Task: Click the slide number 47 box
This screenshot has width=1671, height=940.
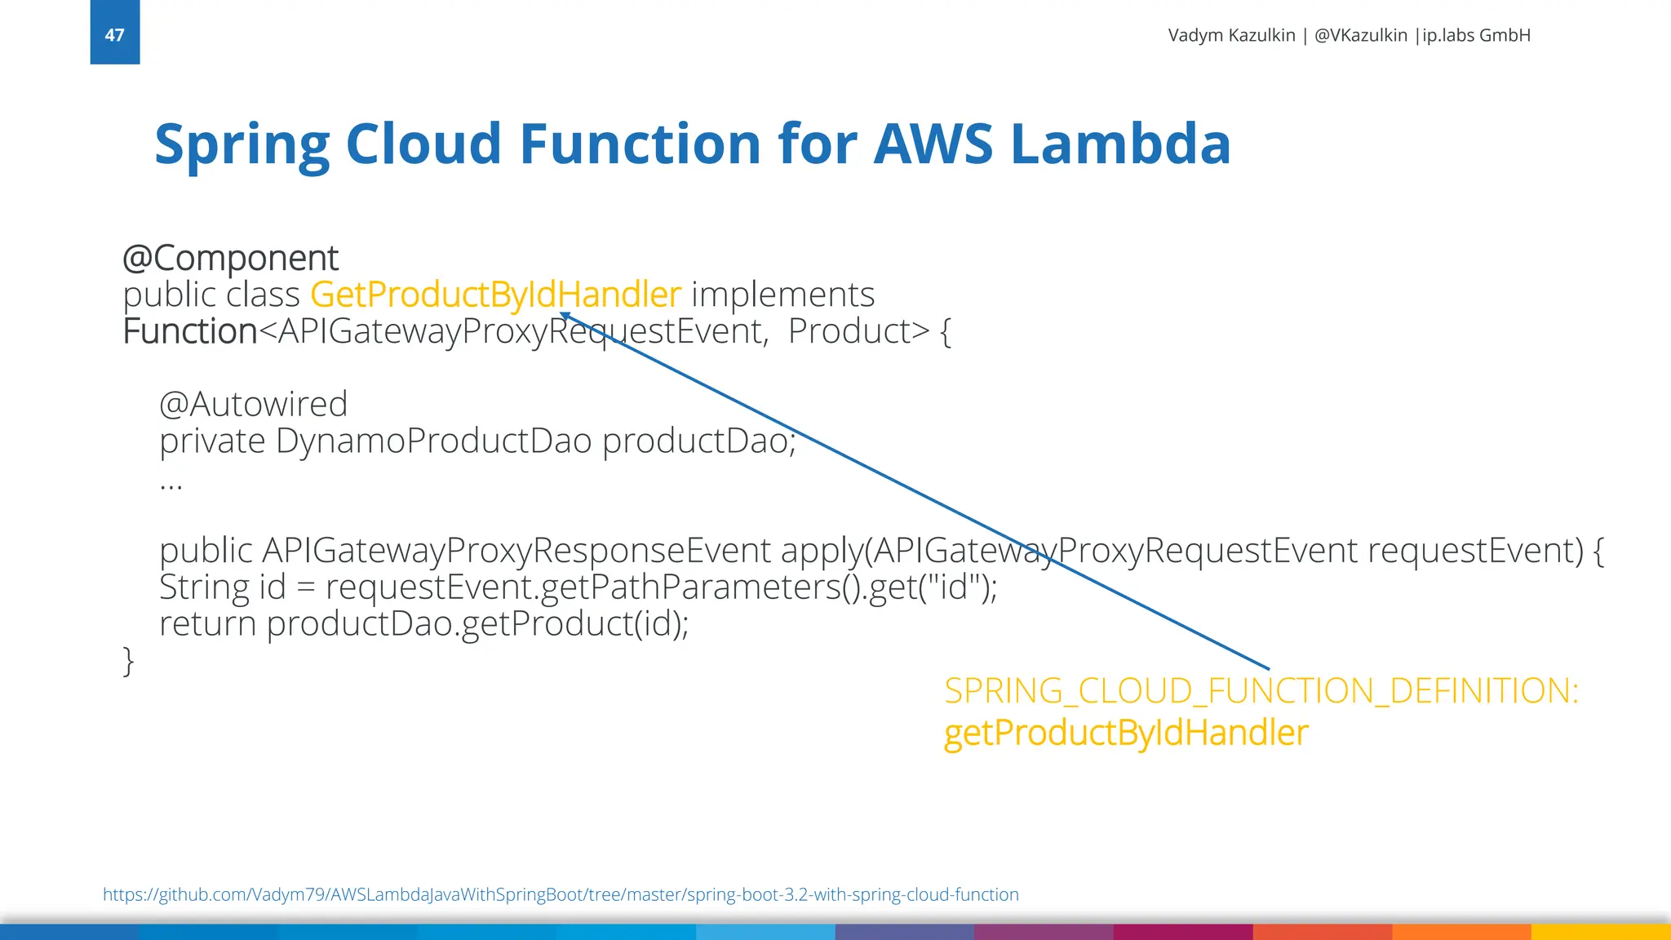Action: pyautogui.click(x=115, y=33)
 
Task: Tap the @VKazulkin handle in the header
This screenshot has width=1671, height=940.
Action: pyautogui.click(x=1361, y=35)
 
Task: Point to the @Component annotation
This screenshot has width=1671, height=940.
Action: pyautogui.click(x=230, y=259)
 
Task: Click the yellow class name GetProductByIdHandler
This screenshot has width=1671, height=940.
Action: pyautogui.click(x=495, y=295)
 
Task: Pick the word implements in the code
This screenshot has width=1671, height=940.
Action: pyautogui.click(x=782, y=295)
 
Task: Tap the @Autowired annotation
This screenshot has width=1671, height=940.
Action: pyautogui.click(x=254, y=404)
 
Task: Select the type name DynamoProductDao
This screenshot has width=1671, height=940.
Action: pyautogui.click(x=433, y=441)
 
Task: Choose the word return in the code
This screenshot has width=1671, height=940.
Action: pyautogui.click(x=207, y=624)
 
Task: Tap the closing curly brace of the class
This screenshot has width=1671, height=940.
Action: pyautogui.click(x=128, y=660)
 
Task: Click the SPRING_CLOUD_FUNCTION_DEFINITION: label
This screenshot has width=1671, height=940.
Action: pyautogui.click(x=1261, y=691)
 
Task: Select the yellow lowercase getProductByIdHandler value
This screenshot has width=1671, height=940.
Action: pyautogui.click(x=1126, y=733)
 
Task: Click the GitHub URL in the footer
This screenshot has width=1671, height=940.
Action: pyautogui.click(x=561, y=894)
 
